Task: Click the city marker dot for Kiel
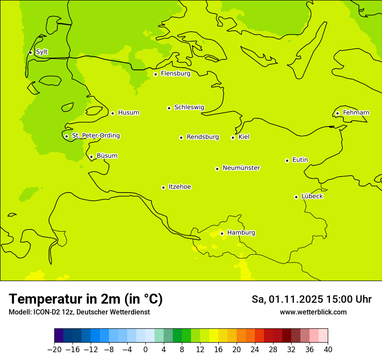(x=233, y=137)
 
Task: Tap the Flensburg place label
(x=175, y=74)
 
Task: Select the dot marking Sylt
(x=30, y=52)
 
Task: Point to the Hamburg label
(x=241, y=233)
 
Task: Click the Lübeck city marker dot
(x=296, y=197)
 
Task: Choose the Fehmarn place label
(x=356, y=113)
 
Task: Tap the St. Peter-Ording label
(x=95, y=136)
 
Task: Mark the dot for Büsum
(x=91, y=157)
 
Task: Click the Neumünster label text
(x=241, y=168)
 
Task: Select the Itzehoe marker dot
(x=163, y=187)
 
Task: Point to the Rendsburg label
(x=203, y=137)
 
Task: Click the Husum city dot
(x=112, y=113)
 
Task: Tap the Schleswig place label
(x=189, y=108)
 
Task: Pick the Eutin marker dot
(x=287, y=160)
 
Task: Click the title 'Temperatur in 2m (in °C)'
(x=86, y=299)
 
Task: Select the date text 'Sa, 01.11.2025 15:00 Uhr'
(x=311, y=299)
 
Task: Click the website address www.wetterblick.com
(x=313, y=312)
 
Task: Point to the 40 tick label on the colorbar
(x=328, y=350)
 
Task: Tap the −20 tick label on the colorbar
(x=54, y=350)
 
